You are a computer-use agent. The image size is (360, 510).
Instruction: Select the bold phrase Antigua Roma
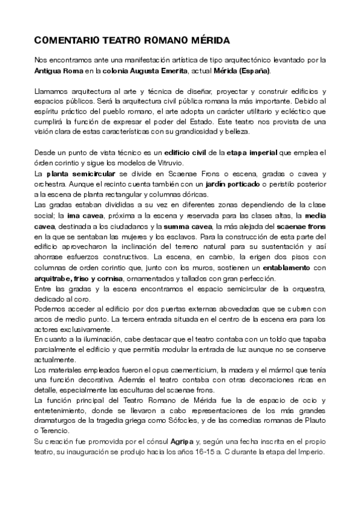pos(59,71)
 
